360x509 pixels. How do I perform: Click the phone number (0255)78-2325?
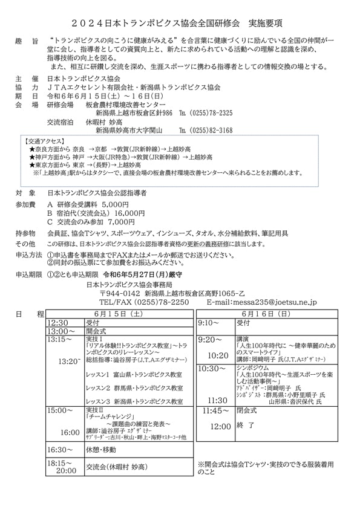click(x=212, y=113)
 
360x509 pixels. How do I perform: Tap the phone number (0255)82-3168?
click(x=212, y=130)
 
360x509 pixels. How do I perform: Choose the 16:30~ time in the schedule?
click(x=61, y=450)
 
